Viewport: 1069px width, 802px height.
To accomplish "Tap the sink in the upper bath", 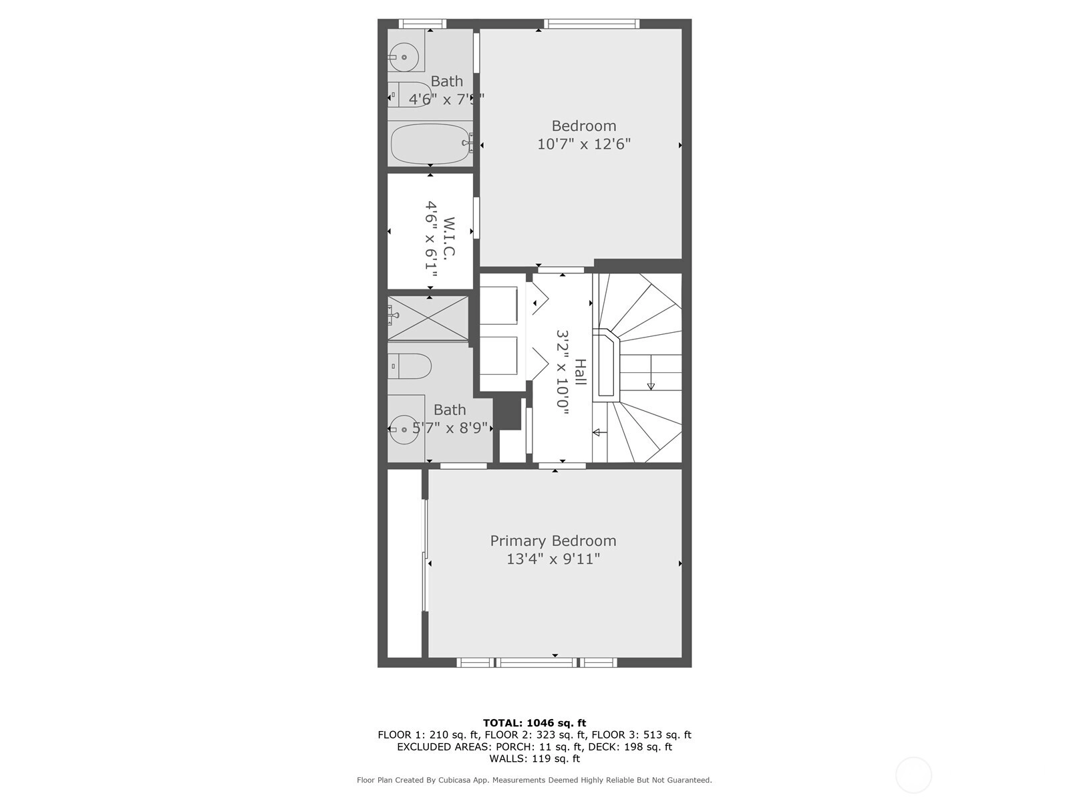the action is pyautogui.click(x=404, y=57).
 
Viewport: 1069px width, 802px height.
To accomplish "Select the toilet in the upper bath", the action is pyautogui.click(x=410, y=94).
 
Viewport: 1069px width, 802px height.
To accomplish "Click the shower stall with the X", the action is pyautogui.click(x=428, y=319).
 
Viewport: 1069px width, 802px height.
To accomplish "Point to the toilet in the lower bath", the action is pyautogui.click(x=410, y=366).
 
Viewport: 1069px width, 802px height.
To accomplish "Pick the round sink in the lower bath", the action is pyautogui.click(x=404, y=430).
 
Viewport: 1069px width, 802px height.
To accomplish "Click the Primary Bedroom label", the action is pyautogui.click(x=553, y=541).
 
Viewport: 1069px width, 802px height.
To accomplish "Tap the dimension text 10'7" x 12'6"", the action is pyautogui.click(x=584, y=144).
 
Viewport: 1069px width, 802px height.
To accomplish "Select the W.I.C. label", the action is pyautogui.click(x=448, y=237).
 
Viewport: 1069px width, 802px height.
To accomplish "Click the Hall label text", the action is pyautogui.click(x=580, y=372).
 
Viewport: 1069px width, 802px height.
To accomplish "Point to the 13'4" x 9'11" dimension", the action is pyautogui.click(x=553, y=559).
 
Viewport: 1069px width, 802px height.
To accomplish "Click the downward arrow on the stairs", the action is pyautogui.click(x=651, y=372).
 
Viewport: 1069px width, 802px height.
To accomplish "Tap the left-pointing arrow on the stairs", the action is pyautogui.click(x=599, y=432).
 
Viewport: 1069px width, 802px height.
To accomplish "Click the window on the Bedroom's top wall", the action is pyautogui.click(x=592, y=23).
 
